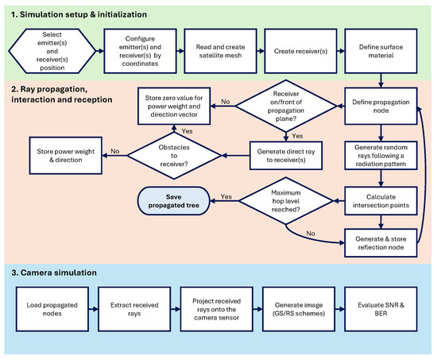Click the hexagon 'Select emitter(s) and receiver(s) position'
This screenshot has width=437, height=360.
(52, 51)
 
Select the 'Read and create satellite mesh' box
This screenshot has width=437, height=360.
(220, 51)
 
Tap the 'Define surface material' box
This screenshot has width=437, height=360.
(381, 51)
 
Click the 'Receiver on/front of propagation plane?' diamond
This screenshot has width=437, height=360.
(286, 106)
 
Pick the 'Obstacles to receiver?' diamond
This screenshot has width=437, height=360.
(174, 156)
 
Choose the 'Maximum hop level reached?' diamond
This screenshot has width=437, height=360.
(286, 201)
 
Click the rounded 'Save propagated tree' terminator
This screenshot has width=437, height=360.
(174, 201)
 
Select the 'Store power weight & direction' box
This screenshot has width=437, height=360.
(66, 156)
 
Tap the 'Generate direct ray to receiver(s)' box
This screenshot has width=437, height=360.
(286, 156)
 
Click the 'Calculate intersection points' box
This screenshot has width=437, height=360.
(381, 201)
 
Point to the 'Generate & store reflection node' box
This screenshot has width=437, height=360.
(381, 243)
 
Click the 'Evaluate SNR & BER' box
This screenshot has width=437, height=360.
(381, 309)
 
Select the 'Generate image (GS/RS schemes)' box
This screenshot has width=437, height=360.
(299, 309)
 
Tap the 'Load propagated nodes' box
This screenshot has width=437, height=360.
(52, 309)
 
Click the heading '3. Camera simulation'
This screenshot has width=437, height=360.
(54, 273)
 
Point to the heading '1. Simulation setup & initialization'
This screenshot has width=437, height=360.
(79, 14)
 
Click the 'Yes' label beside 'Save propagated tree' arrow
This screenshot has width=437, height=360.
(226, 196)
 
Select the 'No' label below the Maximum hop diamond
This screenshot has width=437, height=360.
(311, 234)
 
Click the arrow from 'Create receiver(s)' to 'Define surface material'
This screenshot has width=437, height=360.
(341, 51)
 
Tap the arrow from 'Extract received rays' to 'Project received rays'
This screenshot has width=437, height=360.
(176, 309)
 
